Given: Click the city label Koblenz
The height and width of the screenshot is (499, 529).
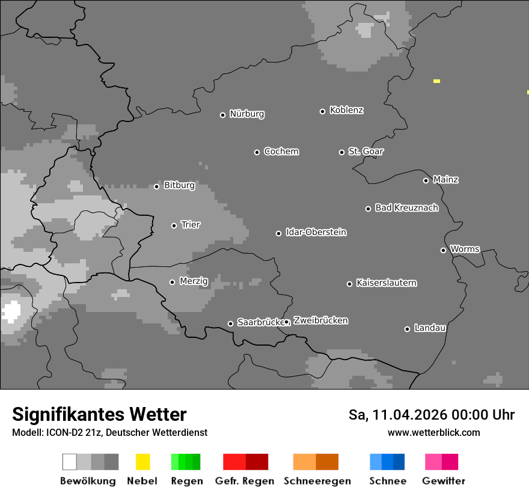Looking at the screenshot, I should point(346,110).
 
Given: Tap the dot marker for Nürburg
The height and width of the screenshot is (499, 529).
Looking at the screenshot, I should point(222,115).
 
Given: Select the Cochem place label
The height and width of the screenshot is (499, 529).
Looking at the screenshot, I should point(281,152).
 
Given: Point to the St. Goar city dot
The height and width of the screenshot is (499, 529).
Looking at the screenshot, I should point(341,152).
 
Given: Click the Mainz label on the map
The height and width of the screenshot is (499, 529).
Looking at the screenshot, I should point(445,180).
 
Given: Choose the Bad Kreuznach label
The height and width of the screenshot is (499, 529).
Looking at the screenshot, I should point(406,208).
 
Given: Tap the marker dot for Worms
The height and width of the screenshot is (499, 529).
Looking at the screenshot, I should point(443,250).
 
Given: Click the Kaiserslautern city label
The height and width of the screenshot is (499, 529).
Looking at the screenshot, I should point(386,283).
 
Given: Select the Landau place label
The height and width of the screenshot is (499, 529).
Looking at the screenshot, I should point(430,328).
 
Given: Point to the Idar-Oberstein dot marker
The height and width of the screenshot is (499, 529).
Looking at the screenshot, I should point(278,233).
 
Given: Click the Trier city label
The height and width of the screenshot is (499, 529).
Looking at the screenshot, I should point(191,225).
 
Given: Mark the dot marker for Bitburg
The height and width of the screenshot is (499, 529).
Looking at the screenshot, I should point(156,186).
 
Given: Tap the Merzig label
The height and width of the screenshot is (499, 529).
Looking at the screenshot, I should point(194,281).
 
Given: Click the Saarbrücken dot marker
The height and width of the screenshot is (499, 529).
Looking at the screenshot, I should point(230,323).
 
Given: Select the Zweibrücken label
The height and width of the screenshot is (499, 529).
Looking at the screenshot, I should point(320,320).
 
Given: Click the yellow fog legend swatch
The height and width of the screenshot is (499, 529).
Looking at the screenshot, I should point(142,462).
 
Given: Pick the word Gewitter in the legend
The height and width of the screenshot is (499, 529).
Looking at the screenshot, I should point(444,481).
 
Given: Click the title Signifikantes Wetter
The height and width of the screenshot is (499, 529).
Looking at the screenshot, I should point(99,415).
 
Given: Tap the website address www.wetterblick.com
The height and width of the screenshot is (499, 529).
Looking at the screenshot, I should point(433,432).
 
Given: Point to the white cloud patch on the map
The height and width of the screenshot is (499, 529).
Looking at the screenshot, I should point(11,311).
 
